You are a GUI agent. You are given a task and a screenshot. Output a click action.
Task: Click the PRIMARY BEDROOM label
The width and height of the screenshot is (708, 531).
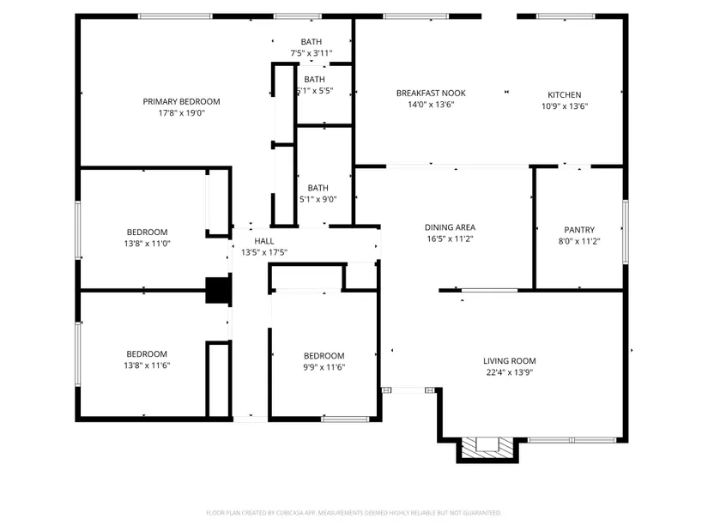click(x=181, y=101)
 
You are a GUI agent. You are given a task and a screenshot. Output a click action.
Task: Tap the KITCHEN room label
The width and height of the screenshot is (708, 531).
click(x=565, y=95)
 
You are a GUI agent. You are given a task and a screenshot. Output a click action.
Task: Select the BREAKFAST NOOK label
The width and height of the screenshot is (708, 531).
click(x=431, y=93)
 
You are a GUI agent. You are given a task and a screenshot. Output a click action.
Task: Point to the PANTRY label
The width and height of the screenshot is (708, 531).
click(x=579, y=230)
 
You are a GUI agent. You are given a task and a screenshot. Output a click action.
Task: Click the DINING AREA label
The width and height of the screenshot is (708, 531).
click(x=450, y=227)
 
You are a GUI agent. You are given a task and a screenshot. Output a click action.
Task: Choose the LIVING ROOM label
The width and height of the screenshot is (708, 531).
click(x=509, y=361)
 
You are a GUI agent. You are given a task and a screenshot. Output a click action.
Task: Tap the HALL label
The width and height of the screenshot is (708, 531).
click(x=263, y=241)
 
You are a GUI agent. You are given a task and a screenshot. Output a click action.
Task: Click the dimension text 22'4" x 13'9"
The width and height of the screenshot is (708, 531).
click(x=509, y=372)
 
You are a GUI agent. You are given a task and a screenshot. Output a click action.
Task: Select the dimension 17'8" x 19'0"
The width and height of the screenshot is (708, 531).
click(x=181, y=113)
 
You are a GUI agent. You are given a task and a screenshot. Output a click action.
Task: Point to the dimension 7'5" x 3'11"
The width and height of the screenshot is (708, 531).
click(x=312, y=53)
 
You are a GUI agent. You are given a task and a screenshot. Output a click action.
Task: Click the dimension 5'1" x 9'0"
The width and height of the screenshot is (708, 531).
click(x=318, y=199)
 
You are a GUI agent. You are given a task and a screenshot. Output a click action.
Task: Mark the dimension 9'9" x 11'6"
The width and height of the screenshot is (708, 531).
click(x=324, y=367)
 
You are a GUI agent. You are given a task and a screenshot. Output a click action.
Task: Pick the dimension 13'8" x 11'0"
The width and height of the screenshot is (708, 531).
click(x=147, y=244)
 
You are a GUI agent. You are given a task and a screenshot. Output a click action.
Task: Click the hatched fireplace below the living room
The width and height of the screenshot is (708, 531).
click(x=487, y=449)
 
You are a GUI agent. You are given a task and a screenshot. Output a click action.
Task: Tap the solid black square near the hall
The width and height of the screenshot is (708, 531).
click(x=218, y=290)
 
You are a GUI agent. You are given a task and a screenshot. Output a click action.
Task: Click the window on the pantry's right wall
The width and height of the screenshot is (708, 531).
click(x=626, y=232)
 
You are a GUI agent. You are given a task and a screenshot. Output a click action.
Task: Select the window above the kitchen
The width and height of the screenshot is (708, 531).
click(x=566, y=16)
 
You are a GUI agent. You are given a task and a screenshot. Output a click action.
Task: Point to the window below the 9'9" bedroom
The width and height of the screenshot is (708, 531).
click(x=345, y=419)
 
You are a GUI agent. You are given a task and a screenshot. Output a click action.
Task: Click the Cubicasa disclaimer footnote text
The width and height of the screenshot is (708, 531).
click(x=354, y=513)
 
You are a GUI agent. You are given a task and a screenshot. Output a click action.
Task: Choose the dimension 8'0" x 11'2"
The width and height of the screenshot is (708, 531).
click(x=579, y=242)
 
